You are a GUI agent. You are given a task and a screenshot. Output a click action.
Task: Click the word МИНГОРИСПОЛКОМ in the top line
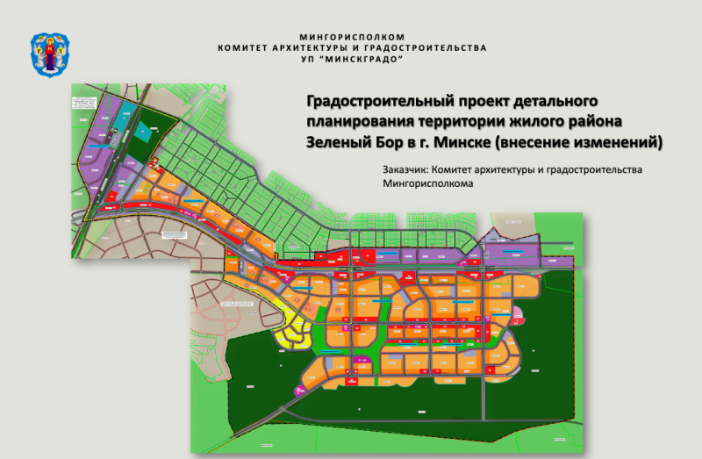point(351,37)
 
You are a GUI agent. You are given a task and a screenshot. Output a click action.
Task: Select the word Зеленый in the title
point(338,141)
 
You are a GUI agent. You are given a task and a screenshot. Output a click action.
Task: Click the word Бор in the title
point(390,141)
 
